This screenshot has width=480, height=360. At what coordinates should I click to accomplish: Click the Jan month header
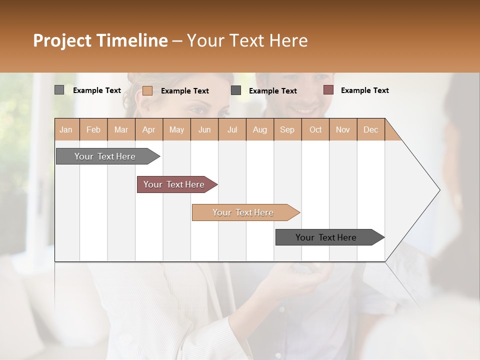66,129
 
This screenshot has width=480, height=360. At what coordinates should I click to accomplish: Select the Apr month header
148,129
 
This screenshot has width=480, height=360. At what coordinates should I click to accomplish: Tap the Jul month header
232,129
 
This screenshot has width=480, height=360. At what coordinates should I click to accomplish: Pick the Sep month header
287,129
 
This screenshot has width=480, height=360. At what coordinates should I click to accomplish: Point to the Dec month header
370,129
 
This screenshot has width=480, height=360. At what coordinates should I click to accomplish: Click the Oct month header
315,129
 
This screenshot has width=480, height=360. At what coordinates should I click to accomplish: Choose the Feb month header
93,129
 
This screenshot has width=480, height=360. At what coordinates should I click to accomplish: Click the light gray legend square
59,90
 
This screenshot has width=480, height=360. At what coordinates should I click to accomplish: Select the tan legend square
147,90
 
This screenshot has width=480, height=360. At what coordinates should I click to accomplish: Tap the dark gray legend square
236,90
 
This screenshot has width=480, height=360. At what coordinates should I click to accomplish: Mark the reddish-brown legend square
328,90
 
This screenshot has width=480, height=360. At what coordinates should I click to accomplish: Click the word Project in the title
62,40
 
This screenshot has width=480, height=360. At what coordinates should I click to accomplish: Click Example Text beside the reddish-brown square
364,90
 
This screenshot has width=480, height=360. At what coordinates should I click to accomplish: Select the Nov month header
342,129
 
